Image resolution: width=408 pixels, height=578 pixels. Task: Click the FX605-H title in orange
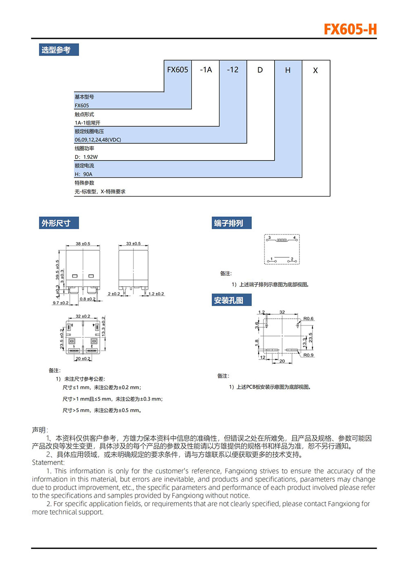point(350,29)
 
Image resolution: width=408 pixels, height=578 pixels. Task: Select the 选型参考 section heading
point(56,50)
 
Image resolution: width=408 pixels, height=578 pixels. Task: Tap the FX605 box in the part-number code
point(177,70)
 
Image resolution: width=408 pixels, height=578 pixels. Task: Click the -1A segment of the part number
point(206,70)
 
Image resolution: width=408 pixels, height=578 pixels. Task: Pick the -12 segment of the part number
point(233,70)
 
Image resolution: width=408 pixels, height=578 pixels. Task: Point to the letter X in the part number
point(315,70)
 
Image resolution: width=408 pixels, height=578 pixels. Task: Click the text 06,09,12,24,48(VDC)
point(98,140)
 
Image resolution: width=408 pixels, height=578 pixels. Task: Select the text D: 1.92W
point(86,157)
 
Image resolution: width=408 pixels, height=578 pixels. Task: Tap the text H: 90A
point(84,174)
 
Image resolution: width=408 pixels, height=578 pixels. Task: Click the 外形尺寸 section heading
point(56,223)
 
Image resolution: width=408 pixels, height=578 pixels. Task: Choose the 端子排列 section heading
point(229,223)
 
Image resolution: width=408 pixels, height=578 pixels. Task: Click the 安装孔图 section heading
point(229,300)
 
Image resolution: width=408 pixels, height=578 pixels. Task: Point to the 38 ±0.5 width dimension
point(83,244)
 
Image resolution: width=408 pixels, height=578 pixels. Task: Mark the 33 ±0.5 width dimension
point(133,244)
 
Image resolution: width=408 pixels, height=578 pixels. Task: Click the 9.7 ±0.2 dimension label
point(60,303)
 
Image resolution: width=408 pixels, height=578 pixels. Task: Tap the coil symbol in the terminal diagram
point(282,240)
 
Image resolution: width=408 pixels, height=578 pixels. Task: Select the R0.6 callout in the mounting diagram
point(308,319)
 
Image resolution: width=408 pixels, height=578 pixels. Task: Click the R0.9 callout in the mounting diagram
point(308,355)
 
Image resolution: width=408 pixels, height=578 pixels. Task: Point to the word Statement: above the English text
point(48,462)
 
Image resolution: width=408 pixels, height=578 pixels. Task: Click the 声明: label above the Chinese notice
point(40,430)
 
